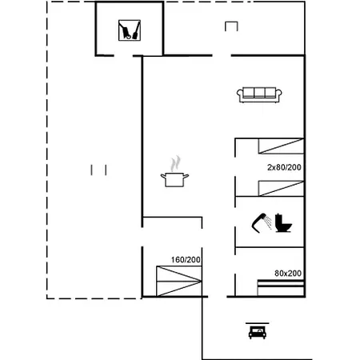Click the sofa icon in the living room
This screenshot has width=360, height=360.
tap(258, 95)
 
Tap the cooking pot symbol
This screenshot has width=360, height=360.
tap(175, 179)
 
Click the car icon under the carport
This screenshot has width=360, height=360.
tap(257, 332)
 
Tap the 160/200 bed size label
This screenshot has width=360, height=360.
tap(186, 260)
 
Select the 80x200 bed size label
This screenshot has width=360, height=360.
tap(288, 274)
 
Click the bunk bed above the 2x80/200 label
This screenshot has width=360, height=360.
tap(280, 146)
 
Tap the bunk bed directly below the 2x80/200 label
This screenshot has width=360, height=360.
tap(280, 188)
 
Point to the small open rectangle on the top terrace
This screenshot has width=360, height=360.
tap(231, 26)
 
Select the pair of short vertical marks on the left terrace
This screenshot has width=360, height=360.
tap(99, 169)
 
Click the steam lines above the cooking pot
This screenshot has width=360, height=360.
tap(175, 163)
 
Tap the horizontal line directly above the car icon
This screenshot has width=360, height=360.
tap(257, 324)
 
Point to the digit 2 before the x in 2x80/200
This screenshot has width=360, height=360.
tap(270, 167)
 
